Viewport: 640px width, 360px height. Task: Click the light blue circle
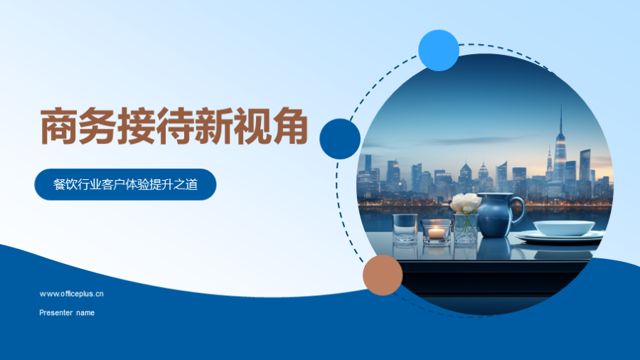click(x=439, y=51)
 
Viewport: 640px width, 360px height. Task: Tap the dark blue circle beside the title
click(x=340, y=139)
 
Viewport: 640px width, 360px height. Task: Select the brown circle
click(x=383, y=275)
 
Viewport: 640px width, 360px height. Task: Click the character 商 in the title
click(x=59, y=126)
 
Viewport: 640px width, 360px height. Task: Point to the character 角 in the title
click(x=290, y=126)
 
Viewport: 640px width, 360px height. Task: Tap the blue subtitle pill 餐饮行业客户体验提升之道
click(x=125, y=184)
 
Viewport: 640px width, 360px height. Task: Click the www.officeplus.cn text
click(x=71, y=294)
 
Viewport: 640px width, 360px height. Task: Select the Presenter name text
click(x=67, y=312)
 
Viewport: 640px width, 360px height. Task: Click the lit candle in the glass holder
click(x=437, y=232)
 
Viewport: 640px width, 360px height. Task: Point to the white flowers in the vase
click(x=466, y=203)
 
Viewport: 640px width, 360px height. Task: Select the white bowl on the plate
click(x=564, y=228)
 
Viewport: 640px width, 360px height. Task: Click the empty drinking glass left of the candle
click(x=405, y=228)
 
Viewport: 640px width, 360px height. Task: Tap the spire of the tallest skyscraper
click(x=561, y=118)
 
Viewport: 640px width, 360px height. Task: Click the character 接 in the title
click(x=136, y=126)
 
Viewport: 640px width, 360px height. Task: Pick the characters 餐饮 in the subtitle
click(x=65, y=184)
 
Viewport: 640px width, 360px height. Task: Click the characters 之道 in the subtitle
click(x=186, y=184)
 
